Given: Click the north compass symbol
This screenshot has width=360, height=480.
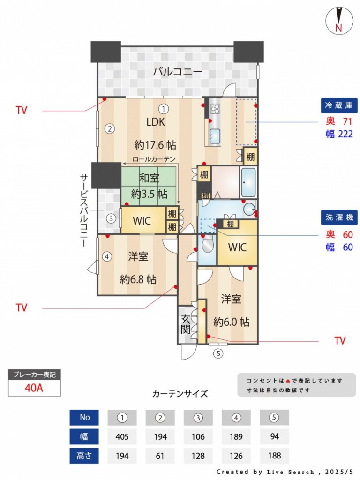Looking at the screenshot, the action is point(339,21).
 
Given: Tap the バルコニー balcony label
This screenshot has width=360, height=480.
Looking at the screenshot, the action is point(178,72).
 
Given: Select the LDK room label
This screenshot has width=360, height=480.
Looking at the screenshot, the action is point(156,122).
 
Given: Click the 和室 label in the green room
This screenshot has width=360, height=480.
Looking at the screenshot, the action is point(149,178).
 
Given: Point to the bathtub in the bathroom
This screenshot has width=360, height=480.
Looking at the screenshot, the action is point(248,182).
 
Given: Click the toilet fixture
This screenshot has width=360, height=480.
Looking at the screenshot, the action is point(207,244).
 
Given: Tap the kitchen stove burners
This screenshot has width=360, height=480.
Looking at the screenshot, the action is point(215,108).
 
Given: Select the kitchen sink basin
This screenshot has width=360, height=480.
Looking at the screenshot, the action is point(215,135).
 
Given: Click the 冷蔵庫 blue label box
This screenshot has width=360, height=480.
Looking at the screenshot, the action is point(339,105).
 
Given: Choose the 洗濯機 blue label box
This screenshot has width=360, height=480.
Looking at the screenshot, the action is point(339,217).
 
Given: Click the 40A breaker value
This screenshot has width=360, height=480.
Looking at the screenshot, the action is point(34,388).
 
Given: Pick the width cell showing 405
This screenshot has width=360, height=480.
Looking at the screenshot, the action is point(122,436).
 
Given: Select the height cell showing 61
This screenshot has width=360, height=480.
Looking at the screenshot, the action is point(160,456).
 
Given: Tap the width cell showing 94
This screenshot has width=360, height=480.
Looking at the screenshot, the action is point(275,436).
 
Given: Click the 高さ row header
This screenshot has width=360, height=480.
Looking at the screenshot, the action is point(84,456).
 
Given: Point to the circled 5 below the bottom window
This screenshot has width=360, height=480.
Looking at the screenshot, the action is point(218,353).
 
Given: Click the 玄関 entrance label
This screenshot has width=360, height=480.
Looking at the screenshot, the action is point(186,324).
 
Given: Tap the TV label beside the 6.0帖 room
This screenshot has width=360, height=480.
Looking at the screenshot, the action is point(340,341).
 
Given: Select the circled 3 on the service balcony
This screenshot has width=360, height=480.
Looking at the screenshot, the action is point(111,218).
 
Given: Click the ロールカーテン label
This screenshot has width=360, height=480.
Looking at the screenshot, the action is point(154,159).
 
